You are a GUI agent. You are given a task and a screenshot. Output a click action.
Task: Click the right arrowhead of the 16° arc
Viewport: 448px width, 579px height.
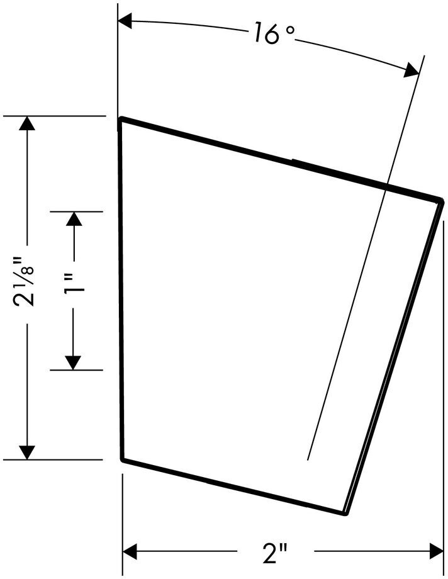[x=412, y=70]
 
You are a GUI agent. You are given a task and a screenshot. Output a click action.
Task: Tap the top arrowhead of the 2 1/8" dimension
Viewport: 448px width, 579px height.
[x=26, y=124]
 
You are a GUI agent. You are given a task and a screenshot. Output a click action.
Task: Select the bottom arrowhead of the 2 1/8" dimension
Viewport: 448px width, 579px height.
[x=26, y=452]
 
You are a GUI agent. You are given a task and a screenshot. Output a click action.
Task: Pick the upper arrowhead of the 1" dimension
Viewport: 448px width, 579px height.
[x=74, y=219]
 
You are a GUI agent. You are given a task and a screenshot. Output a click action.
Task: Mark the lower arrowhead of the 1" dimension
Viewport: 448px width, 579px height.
[x=74, y=363]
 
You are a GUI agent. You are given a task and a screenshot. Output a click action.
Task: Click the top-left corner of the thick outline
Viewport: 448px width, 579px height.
[x=121, y=119]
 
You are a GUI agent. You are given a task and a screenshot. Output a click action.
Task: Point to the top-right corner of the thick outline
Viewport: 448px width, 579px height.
[x=442, y=201]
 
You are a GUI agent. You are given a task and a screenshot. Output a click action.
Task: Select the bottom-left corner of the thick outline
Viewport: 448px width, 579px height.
[x=122, y=460]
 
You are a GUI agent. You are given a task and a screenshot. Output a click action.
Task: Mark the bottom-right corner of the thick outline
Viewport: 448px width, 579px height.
[x=345, y=514]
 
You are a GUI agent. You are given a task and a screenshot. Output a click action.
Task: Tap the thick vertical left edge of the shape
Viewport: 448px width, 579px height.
[x=121, y=289]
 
